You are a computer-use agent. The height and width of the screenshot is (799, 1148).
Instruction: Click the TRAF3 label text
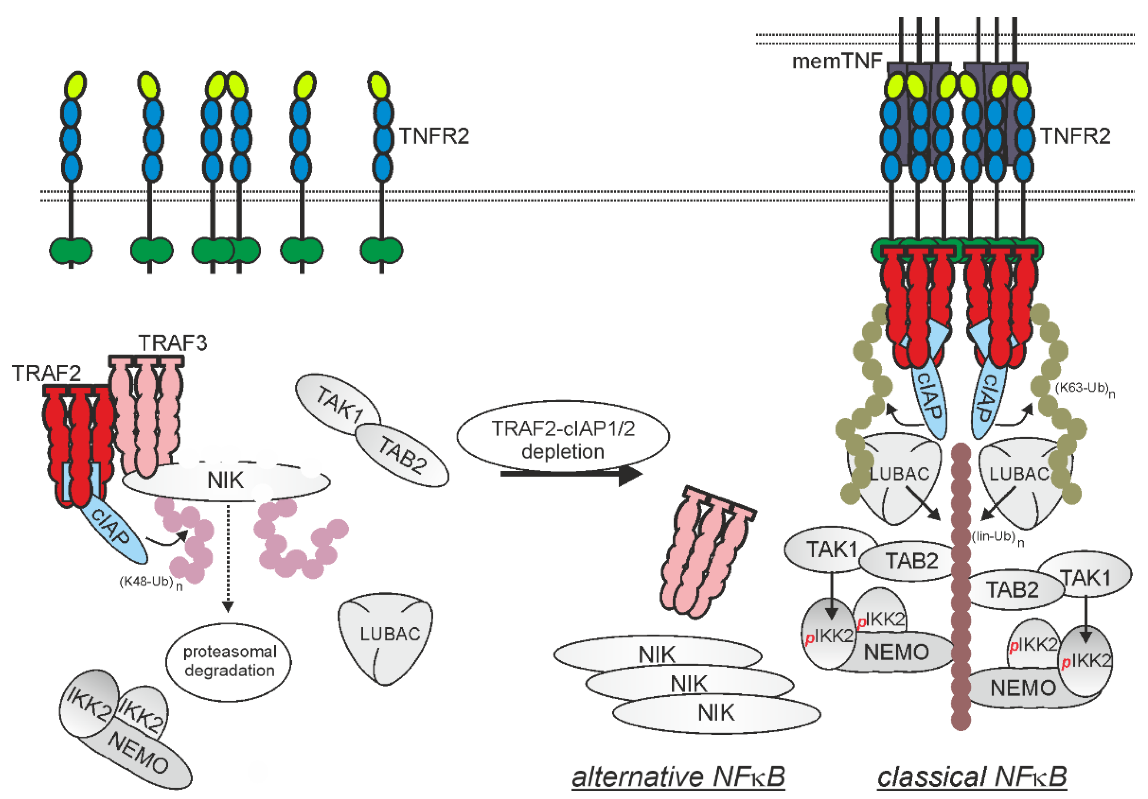(172, 343)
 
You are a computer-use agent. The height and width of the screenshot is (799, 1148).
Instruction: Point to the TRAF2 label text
(46, 373)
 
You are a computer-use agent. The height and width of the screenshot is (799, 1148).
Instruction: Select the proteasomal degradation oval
(228, 662)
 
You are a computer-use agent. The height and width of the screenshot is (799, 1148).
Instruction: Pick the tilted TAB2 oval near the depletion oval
(402, 454)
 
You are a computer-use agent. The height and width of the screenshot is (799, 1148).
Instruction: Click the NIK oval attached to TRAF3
(226, 481)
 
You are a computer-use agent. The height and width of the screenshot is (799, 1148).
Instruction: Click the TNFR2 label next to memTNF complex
(1075, 136)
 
